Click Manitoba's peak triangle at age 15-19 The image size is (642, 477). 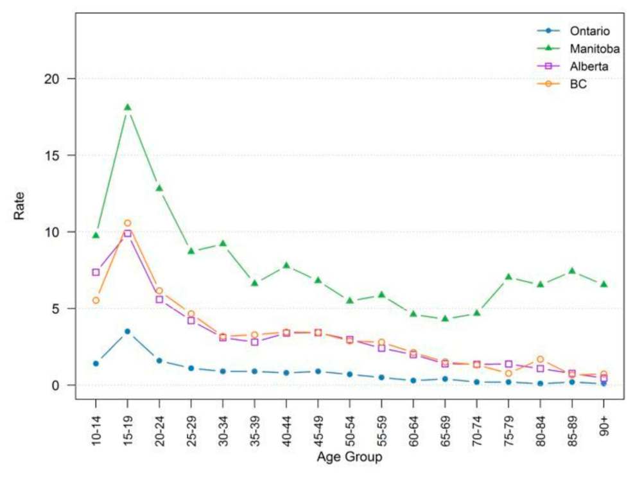[x=127, y=107]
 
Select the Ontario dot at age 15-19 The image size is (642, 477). [x=127, y=331]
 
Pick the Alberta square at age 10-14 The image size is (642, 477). [x=96, y=272]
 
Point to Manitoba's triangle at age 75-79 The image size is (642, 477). [x=508, y=277]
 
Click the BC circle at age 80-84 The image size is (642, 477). [x=541, y=360]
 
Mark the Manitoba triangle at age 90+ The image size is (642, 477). [x=603, y=284]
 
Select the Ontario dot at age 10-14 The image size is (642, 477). [x=96, y=363]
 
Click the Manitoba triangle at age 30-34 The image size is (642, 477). [x=223, y=243]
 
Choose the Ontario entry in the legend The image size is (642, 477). [x=589, y=30]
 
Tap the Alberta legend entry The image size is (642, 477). [x=589, y=66]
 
